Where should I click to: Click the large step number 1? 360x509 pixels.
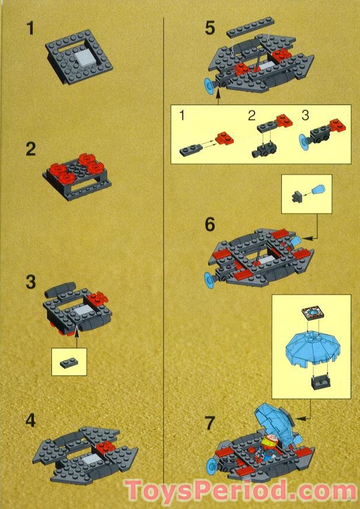pyautogui.click(x=30, y=28)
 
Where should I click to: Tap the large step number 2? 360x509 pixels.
pyautogui.click(x=31, y=149)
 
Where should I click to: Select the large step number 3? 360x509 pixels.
pyautogui.click(x=31, y=283)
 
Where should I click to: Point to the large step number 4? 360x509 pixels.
pyautogui.click(x=31, y=421)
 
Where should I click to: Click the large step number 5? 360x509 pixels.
pyautogui.click(x=209, y=28)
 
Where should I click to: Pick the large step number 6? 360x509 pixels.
pyautogui.click(x=210, y=224)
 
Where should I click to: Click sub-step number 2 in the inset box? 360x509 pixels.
pyautogui.click(x=251, y=116)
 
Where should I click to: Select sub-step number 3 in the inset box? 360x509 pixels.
pyautogui.click(x=306, y=116)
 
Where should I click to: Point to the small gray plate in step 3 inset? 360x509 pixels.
pyautogui.click(x=68, y=362)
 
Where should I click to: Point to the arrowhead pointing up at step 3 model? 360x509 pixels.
pyautogui.click(x=77, y=330)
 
